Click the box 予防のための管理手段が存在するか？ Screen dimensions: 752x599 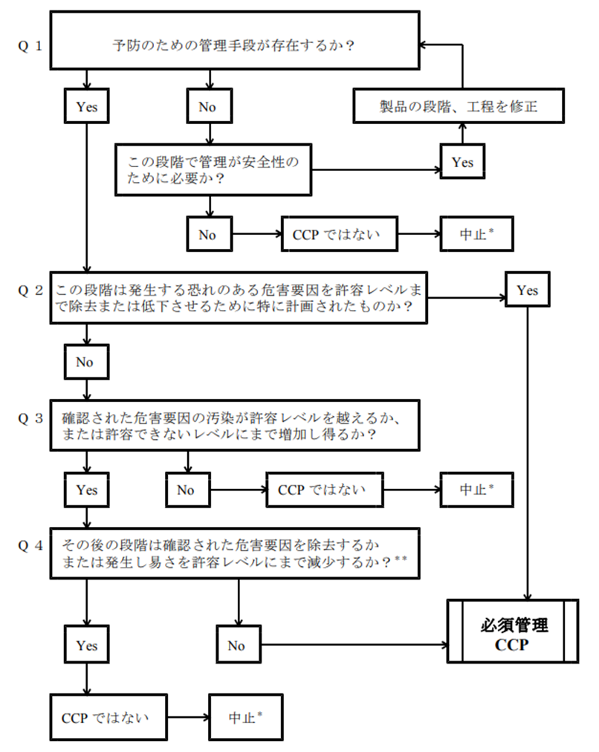(x=233, y=46)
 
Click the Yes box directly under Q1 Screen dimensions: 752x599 (x=87, y=107)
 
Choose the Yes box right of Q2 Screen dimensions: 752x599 (x=527, y=291)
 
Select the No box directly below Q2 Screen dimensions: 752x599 (x=87, y=362)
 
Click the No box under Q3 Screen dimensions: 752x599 (x=186, y=490)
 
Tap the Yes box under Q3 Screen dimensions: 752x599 (x=87, y=490)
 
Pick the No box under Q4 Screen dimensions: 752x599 (x=236, y=646)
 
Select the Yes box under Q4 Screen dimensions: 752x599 (x=87, y=646)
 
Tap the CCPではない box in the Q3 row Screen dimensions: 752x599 (x=325, y=490)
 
